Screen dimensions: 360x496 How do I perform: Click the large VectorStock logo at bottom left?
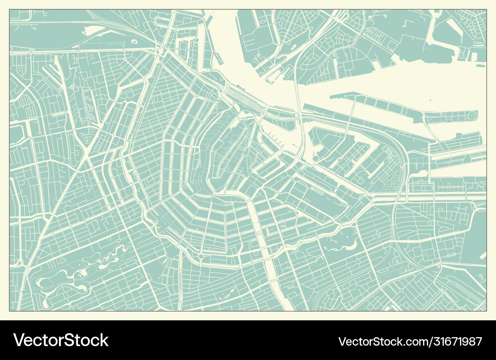pyautogui.click(x=61, y=340)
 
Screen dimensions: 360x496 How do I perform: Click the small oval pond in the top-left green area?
pyautogui.click(x=134, y=41)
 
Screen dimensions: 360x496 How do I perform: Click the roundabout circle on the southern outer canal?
pyautogui.click(x=201, y=256)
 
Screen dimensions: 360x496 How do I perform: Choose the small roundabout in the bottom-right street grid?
pyautogui.click(x=401, y=290)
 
